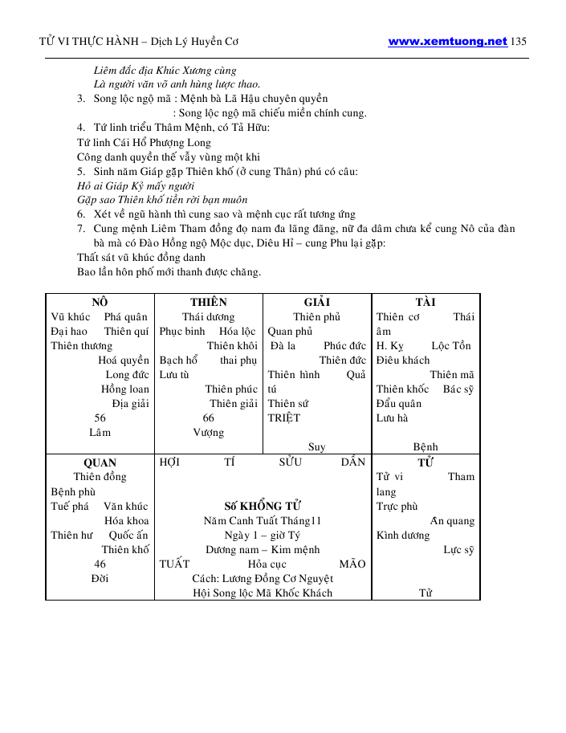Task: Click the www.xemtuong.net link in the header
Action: coord(447,42)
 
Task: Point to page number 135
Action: coord(519,42)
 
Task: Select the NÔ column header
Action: coord(100,303)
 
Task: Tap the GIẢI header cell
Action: coord(317,303)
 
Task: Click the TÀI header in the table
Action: coord(426,303)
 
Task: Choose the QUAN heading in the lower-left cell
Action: coord(100,462)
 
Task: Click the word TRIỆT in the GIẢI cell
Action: coord(284,418)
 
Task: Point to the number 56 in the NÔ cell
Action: coord(100,418)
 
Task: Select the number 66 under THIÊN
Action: coord(208,418)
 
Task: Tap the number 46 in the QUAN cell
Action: coord(100,564)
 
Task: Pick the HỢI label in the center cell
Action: coord(169,462)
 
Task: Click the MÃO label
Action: coord(352,564)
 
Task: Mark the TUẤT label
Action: coord(175,564)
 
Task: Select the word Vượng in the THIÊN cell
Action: coord(208,433)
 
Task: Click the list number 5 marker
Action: coord(81,171)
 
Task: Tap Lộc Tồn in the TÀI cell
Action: coord(452,346)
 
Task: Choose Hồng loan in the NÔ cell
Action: coord(124,389)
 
